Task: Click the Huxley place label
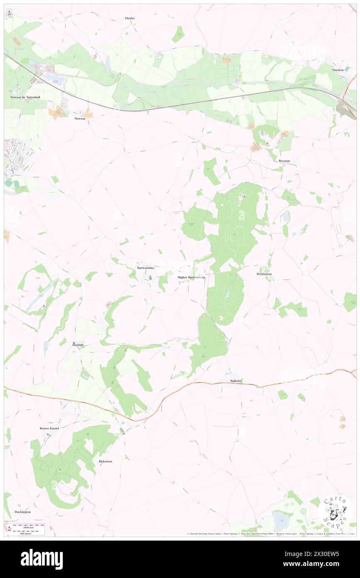(130, 18)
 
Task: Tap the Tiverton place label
(338, 70)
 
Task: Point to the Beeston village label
(284, 161)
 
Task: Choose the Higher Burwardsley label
(192, 277)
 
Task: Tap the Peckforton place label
(264, 274)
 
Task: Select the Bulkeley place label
(236, 380)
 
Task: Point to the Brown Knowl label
(49, 428)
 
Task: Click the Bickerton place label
(105, 462)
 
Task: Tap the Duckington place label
(22, 512)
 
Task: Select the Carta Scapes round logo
(335, 511)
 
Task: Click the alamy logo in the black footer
(42, 559)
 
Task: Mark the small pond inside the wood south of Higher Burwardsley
(227, 294)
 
